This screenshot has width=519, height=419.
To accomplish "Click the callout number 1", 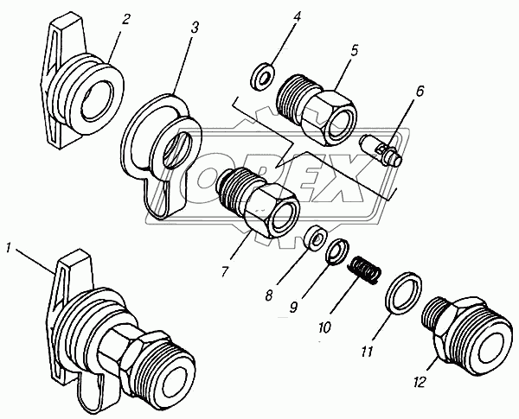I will (10, 249).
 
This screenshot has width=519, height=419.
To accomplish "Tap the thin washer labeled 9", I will (338, 251).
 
